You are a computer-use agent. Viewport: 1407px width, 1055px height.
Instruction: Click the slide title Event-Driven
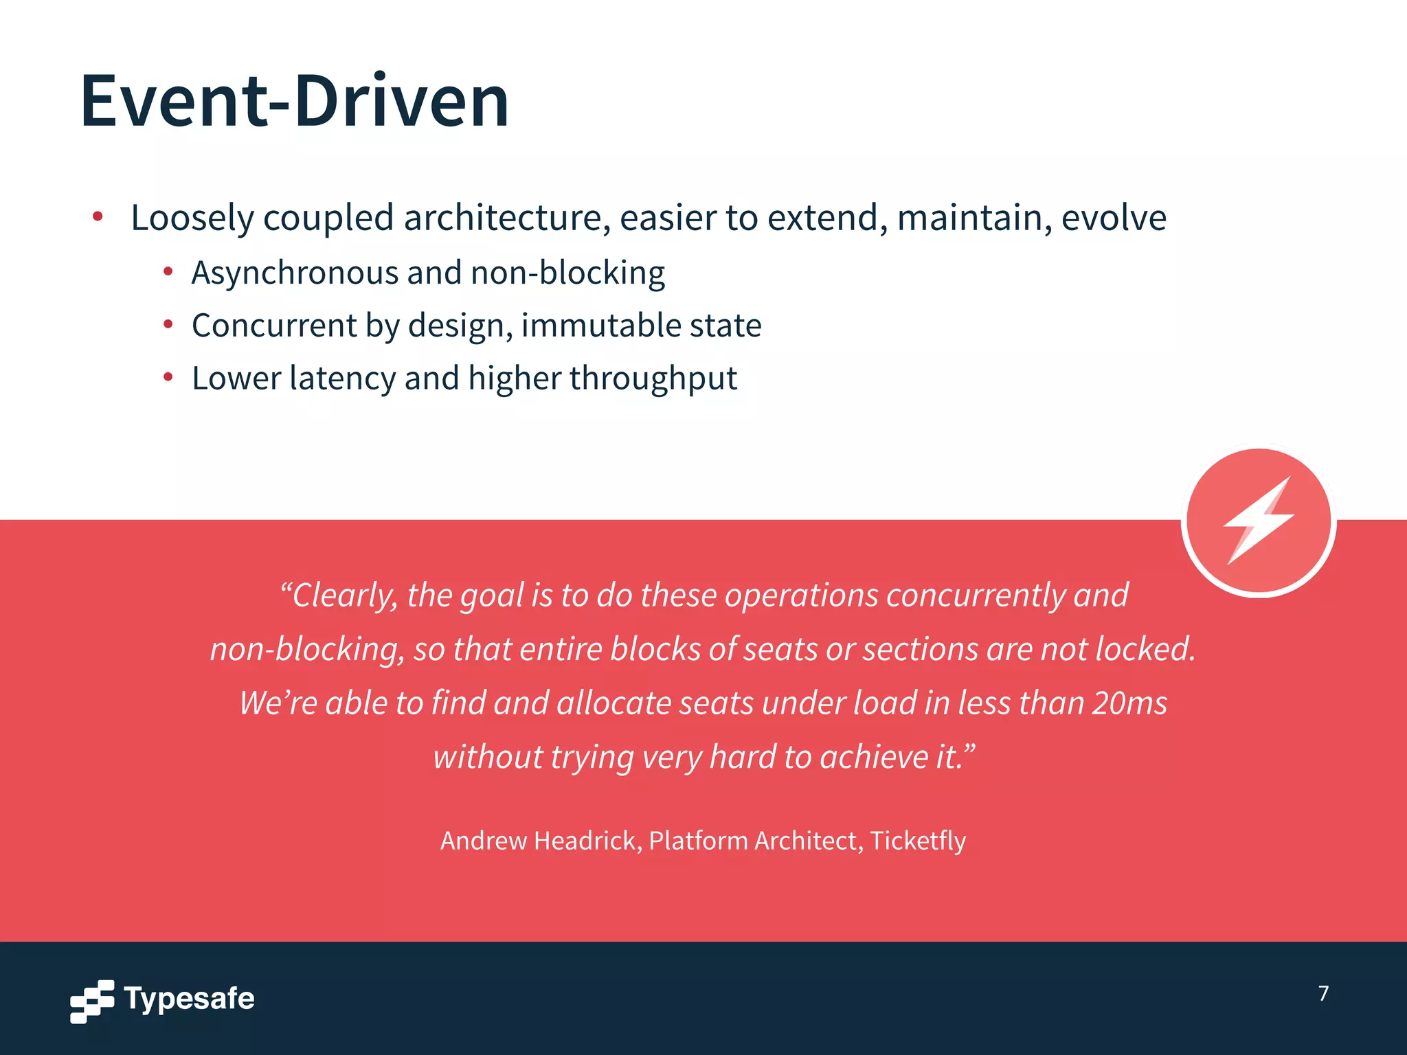point(294,102)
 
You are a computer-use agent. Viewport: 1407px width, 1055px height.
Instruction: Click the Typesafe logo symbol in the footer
point(92,1001)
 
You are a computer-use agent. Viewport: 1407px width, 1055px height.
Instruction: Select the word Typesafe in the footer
point(189,999)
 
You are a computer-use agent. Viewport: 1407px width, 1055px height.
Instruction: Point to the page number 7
point(1323,993)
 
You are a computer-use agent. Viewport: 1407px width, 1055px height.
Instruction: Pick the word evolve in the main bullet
point(1114,218)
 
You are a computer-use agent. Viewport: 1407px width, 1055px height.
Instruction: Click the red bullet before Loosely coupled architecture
point(98,217)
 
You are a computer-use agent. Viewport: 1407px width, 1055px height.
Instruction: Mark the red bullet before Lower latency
point(168,376)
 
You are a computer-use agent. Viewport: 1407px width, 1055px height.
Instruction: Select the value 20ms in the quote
point(1129,703)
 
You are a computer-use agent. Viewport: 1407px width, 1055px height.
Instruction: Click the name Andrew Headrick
point(539,841)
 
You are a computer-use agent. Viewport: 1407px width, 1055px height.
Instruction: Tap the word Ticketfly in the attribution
point(918,841)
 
